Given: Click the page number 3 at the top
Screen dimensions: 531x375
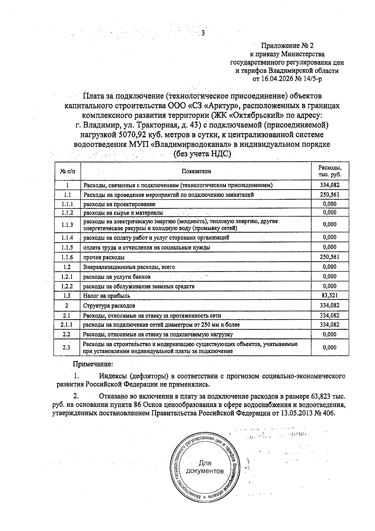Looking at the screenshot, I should [203, 33].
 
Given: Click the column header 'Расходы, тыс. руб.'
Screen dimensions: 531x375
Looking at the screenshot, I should [330, 171].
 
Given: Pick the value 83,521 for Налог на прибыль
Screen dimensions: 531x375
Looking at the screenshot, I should [330, 295].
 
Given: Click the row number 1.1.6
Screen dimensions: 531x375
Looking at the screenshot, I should [67, 257].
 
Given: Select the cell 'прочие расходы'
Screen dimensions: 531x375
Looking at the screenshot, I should [104, 257].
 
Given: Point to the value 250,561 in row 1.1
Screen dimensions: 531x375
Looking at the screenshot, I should [330, 195].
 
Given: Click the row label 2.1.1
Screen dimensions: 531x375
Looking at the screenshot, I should [67, 325].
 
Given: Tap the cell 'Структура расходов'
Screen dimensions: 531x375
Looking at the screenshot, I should [109, 305].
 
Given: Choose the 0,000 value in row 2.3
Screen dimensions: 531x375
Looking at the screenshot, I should [330, 347].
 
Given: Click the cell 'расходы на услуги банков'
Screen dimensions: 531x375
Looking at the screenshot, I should [117, 277].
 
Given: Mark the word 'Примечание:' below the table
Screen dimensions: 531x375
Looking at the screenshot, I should [93, 364].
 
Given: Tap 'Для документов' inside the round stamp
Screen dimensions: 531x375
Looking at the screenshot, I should [205, 467].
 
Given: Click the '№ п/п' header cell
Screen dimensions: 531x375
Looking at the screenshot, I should [67, 171].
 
